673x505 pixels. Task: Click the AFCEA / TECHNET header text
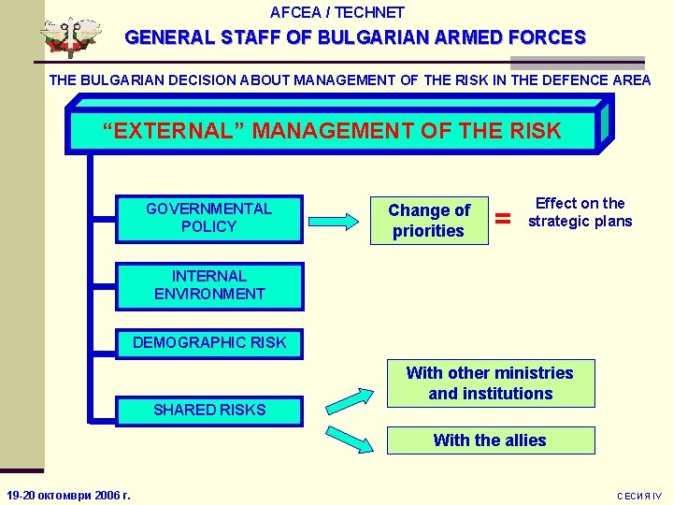(x=336, y=13)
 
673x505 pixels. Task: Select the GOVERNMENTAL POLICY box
(x=208, y=218)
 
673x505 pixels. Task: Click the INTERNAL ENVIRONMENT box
(x=209, y=285)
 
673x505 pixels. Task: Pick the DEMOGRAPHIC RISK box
(x=209, y=343)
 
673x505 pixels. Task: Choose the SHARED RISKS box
(x=209, y=410)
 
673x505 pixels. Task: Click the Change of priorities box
(x=429, y=221)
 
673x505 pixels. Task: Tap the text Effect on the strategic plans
(x=580, y=212)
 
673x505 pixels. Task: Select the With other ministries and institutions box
(x=490, y=383)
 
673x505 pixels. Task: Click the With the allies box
(x=490, y=440)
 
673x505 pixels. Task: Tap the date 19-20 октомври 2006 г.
(x=68, y=495)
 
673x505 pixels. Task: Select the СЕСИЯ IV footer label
(x=639, y=496)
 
